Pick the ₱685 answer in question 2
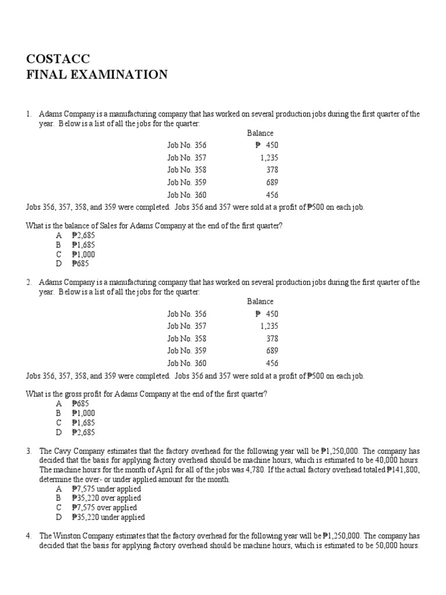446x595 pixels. pyautogui.click(x=79, y=404)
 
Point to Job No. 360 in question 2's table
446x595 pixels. pyautogui.click(x=186, y=363)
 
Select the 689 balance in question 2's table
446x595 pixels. pyautogui.click(x=272, y=351)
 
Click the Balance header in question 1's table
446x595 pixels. pyautogui.click(x=260, y=133)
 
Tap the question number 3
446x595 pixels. pyautogui.click(x=28, y=451)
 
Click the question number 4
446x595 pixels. pyautogui.click(x=28, y=536)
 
